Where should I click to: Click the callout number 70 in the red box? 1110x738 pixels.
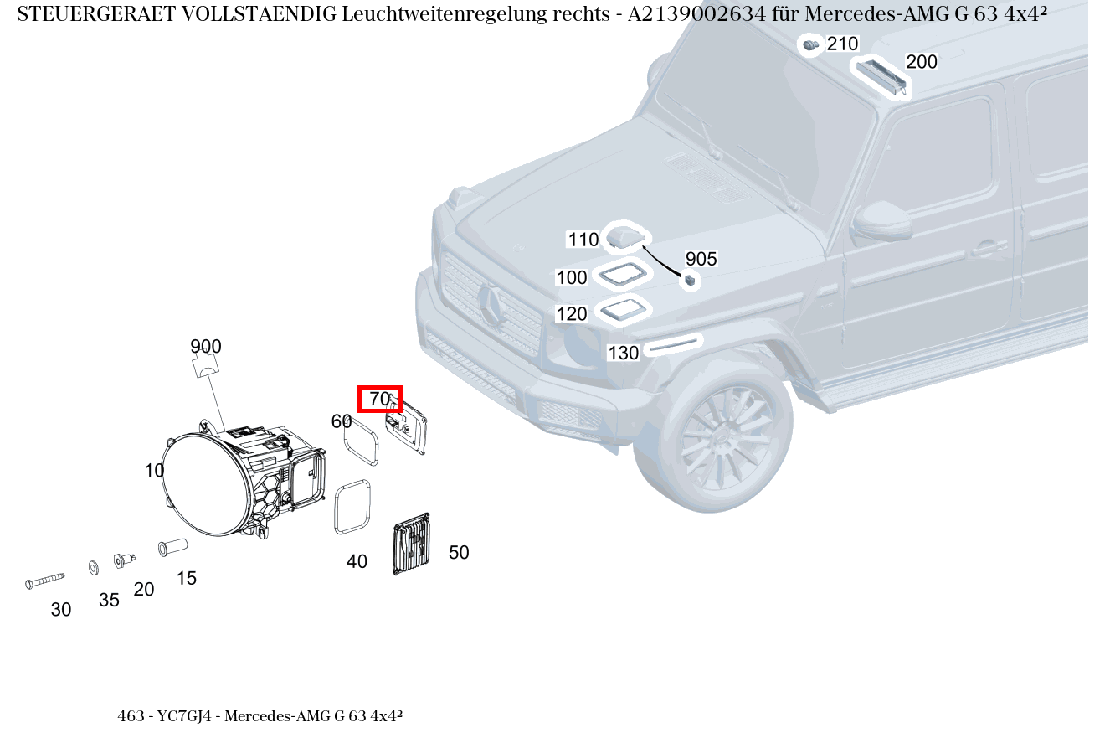point(380,400)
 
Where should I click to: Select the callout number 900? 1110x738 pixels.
point(205,347)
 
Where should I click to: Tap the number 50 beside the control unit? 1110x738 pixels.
point(459,553)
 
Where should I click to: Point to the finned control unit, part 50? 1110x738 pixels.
point(411,544)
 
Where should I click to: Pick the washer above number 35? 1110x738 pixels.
point(93,568)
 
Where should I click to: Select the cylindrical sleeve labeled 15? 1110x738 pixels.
point(172,548)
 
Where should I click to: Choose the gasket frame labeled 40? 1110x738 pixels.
point(352,506)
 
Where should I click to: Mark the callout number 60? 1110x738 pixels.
point(342,421)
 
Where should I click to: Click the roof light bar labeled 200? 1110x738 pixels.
point(880,75)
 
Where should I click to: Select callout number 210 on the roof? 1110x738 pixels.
point(842,44)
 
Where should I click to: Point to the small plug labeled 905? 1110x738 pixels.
point(690,281)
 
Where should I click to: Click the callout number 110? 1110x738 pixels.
point(583,240)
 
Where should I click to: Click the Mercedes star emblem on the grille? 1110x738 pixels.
point(491,306)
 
